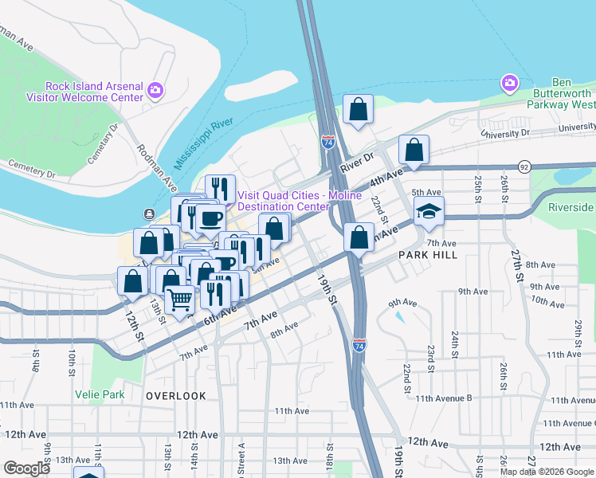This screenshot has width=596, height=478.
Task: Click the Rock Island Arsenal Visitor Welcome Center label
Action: [84, 92]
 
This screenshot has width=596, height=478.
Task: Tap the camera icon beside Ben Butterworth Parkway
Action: [509, 83]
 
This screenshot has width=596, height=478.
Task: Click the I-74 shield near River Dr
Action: [328, 141]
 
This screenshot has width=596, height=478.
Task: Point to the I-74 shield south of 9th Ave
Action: [359, 344]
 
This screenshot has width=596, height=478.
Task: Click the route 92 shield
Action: [523, 167]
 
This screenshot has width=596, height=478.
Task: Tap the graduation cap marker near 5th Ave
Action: [429, 211]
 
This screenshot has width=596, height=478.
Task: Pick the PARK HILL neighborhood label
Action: [428, 254]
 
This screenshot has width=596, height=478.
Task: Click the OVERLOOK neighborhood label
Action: [176, 395]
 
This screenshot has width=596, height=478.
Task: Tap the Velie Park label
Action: [100, 394]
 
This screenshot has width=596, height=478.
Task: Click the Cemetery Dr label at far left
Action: [32, 170]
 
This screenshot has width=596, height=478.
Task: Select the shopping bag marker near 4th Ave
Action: [414, 149]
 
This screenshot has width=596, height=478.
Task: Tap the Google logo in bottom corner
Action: [26, 468]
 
